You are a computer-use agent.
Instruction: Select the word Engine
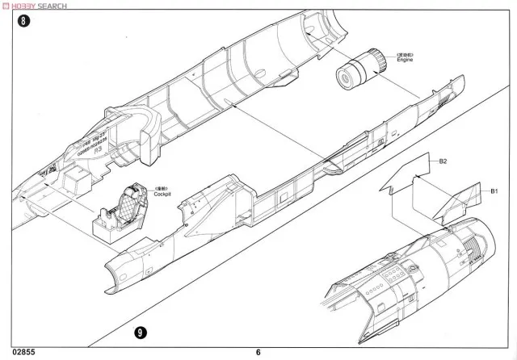(404, 61)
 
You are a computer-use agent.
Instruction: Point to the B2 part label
(443, 161)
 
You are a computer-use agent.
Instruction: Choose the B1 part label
(494, 190)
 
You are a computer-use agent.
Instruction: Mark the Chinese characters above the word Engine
(403, 53)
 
